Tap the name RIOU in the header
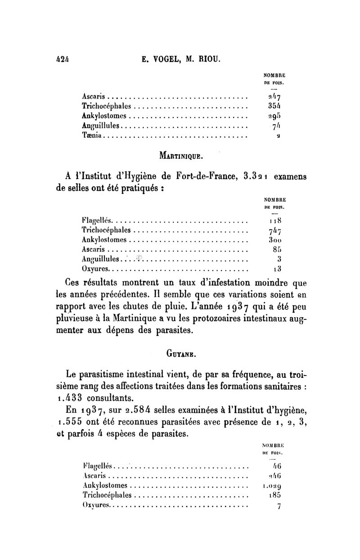(x=209, y=58)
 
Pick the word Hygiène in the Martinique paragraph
(x=128, y=176)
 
